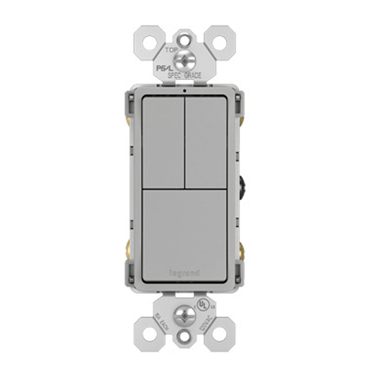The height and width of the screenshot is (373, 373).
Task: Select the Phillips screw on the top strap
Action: [x=186, y=59]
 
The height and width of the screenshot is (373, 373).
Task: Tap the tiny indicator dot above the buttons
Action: [x=186, y=90]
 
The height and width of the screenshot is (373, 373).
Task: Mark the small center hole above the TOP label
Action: [x=186, y=39]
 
